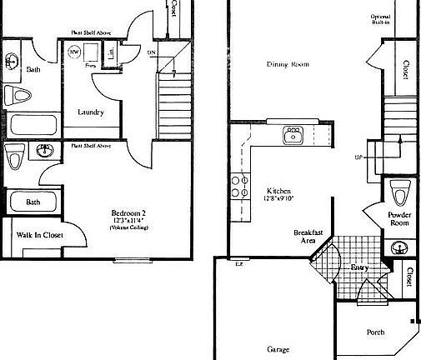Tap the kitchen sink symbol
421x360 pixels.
click(x=293, y=133)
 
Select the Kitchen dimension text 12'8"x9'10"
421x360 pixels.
click(x=278, y=197)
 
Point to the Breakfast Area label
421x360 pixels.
click(x=305, y=237)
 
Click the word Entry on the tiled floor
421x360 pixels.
click(x=358, y=267)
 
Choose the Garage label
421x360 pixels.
click(x=278, y=349)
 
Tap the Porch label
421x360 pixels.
click(x=376, y=332)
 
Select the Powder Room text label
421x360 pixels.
click(x=400, y=218)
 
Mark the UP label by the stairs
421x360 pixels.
click(x=358, y=157)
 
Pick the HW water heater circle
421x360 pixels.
click(x=74, y=52)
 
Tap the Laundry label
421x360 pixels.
click(x=90, y=112)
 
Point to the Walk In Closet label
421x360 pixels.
click(x=40, y=235)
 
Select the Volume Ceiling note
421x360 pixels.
click(x=128, y=227)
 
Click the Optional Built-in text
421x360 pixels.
click(x=403, y=21)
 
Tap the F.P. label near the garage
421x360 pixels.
click(x=238, y=264)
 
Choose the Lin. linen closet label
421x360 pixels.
click(x=112, y=52)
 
